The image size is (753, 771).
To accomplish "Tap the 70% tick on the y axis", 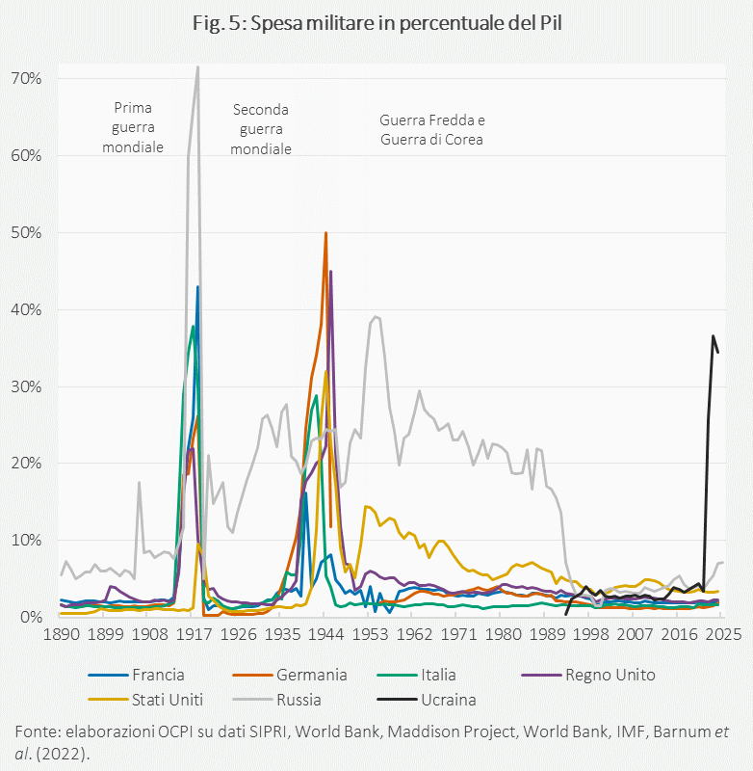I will coord(27,78).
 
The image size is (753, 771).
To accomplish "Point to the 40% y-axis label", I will coord(27,309).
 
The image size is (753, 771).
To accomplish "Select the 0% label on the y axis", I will coord(31,617).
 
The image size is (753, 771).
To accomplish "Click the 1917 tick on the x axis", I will coord(195,636).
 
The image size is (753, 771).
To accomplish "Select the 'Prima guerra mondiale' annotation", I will coord(133,127).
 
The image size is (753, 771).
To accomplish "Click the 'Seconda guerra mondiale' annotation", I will coord(261,129).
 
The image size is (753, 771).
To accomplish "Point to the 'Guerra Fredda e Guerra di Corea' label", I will coord(431,129).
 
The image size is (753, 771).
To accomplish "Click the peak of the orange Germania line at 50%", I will coord(325,233).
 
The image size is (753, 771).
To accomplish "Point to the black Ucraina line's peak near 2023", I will coord(713,335).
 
